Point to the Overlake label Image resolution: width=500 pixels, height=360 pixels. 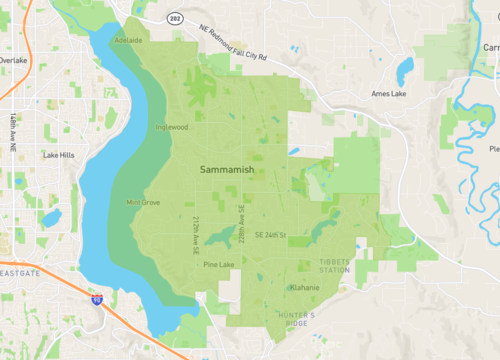(13, 60)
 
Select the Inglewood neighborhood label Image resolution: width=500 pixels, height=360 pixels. (171, 127)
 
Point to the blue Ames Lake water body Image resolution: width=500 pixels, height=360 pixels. (404, 70)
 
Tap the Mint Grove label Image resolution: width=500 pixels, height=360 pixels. (143, 202)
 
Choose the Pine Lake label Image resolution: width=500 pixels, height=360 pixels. (218, 265)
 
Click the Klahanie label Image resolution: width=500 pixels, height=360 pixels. (304, 288)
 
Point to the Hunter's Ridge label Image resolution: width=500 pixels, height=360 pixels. (296, 318)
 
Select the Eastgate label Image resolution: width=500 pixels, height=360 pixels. (20, 272)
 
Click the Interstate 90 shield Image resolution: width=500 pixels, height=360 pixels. (97, 298)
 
